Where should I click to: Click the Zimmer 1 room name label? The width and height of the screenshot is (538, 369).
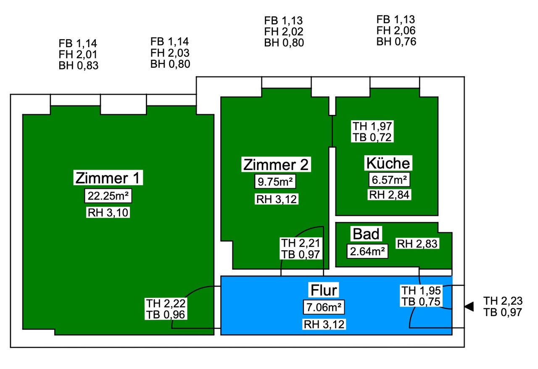[108, 178]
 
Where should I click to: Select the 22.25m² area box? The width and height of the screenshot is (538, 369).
[108, 196]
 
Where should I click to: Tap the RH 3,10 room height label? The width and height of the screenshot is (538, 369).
[108, 212]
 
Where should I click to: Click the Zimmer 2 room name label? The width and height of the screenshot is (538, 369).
[276, 165]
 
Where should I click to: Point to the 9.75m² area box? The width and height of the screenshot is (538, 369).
[275, 181]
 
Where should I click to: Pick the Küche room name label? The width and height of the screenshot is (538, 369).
[388, 163]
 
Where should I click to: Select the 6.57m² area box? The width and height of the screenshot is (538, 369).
[389, 180]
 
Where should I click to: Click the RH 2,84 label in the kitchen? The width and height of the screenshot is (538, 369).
[389, 195]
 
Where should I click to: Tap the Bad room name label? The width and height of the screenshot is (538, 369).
[366, 234]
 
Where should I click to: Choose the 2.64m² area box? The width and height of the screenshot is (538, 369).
[367, 252]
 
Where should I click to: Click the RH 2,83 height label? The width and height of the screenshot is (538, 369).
[417, 244]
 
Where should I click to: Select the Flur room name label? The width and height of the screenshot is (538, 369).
[324, 290]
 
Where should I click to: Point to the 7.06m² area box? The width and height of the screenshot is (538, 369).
[324, 307]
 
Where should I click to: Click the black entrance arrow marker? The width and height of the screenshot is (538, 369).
[469, 306]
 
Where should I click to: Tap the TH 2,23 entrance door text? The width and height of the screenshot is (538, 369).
[503, 301]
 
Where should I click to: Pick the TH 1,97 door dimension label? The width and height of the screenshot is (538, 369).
[372, 126]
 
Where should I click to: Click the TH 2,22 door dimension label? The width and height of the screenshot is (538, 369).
[166, 303]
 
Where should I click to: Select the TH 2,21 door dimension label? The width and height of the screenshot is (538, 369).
[301, 243]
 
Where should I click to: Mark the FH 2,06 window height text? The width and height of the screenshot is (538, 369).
[396, 31]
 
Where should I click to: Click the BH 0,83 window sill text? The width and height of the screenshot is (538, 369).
[79, 66]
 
